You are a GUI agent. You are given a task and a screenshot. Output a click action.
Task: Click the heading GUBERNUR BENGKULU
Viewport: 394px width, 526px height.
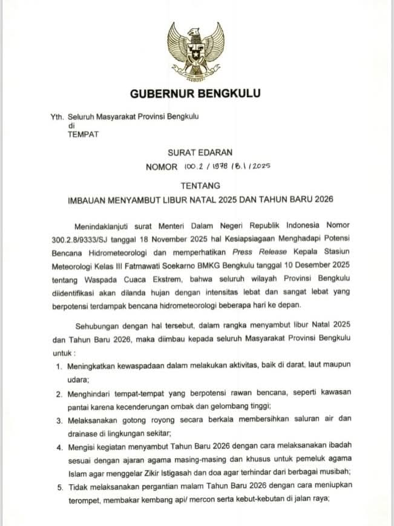[x=195, y=93]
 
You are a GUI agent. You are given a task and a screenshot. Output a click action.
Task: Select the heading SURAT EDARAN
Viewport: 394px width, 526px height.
[x=196, y=152]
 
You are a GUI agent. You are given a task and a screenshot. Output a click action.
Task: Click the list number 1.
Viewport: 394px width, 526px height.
[x=58, y=367]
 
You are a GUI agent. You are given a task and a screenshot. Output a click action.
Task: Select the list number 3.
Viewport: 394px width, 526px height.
[x=58, y=419]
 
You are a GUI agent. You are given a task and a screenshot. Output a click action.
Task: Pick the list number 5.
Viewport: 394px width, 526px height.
[x=58, y=485]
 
